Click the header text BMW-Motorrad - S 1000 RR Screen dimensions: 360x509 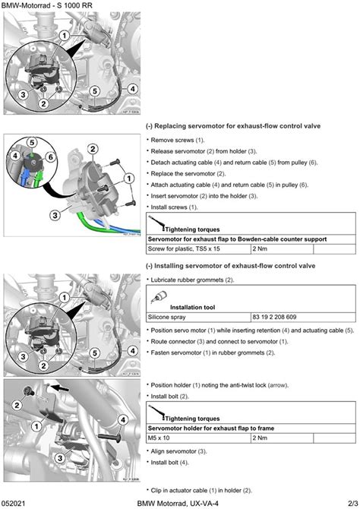coord(46,5)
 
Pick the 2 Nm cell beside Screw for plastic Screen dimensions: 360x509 coord(260,248)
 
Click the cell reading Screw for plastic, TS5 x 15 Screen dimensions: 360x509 coord(184,248)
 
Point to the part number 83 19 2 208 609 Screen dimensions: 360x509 coord(274,317)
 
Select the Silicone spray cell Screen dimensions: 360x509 coord(166,317)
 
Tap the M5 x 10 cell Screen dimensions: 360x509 coord(159,438)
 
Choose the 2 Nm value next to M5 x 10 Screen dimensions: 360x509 coord(260,438)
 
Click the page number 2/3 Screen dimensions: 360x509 coord(353,504)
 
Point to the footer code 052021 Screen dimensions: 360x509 coord(13,504)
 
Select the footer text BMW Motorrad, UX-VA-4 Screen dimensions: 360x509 coord(178,504)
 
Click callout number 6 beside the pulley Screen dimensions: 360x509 coord(51,157)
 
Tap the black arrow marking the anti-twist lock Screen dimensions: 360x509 coord(60,387)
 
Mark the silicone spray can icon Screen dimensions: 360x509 coord(159,297)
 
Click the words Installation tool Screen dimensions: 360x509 coord(192,307)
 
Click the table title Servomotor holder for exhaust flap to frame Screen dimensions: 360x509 coord(211,428)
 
